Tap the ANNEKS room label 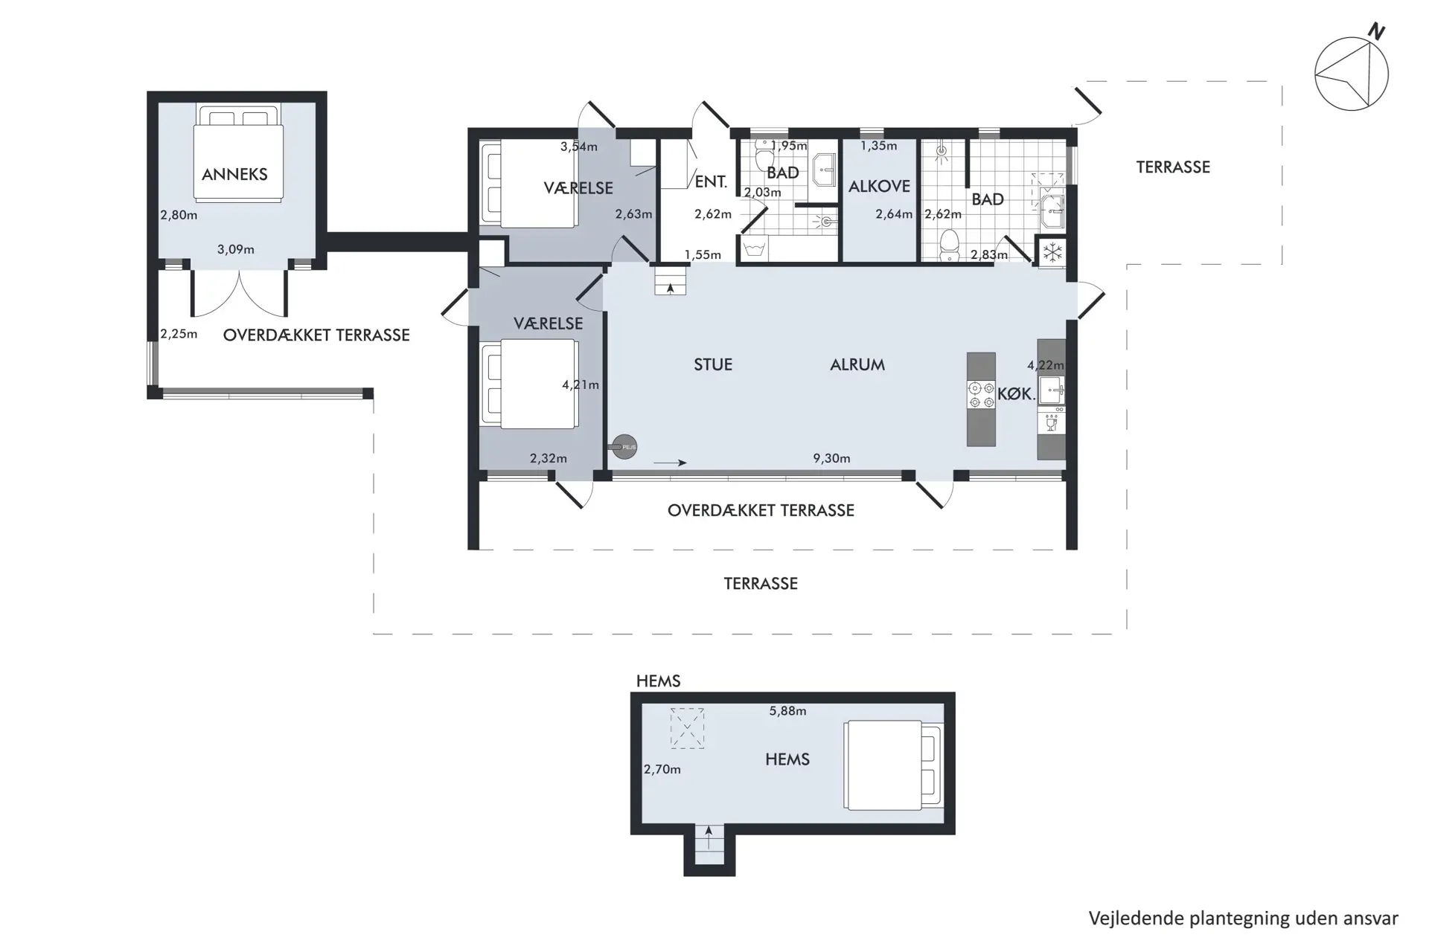234,174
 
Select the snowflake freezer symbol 1052,253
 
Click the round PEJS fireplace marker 624,446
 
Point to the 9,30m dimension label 831,458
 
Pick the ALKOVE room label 879,186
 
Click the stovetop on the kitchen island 981,395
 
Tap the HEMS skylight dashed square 687,728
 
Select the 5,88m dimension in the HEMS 787,711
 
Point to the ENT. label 711,181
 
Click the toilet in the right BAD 949,245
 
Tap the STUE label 713,364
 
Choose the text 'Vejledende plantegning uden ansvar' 1244,919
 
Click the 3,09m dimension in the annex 236,249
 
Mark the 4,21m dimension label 581,385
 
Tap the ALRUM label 857,364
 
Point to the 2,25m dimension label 179,334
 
